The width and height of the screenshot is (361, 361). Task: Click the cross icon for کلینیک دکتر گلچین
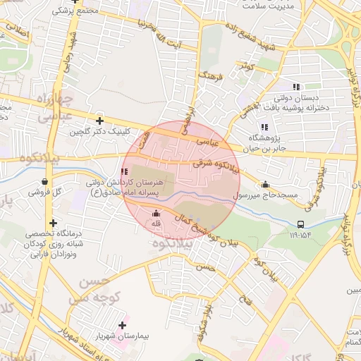[x=99, y=121]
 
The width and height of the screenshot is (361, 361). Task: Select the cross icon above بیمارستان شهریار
[x=123, y=325]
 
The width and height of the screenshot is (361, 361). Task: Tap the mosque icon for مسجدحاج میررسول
[x=265, y=185]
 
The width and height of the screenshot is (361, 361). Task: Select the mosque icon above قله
[x=156, y=213]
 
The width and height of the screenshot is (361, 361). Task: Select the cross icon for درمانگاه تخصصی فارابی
[x=53, y=223]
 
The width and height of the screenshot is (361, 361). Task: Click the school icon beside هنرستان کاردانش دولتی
[x=125, y=171]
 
